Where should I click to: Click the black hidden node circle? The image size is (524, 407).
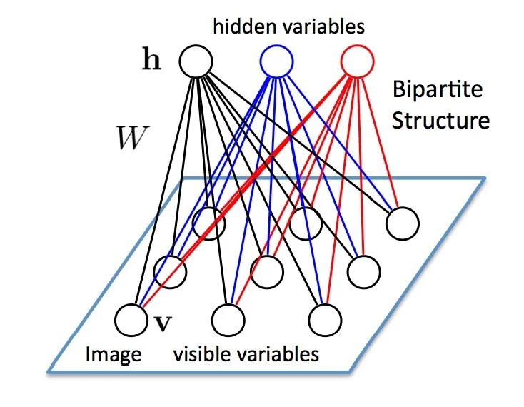[x=196, y=61]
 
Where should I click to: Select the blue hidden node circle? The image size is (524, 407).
[x=276, y=61]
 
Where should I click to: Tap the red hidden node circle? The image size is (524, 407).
[x=356, y=61]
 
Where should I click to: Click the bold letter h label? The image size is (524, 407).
[x=152, y=61]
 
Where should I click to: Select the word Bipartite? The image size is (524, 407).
[x=437, y=91]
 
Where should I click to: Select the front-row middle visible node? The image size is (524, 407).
[x=227, y=318]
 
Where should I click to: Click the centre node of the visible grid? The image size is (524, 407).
[x=267, y=270]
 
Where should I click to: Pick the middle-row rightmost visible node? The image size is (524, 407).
[x=363, y=269]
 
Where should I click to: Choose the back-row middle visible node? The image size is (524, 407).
[x=306, y=222]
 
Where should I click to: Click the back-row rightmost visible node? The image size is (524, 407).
[x=400, y=223]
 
